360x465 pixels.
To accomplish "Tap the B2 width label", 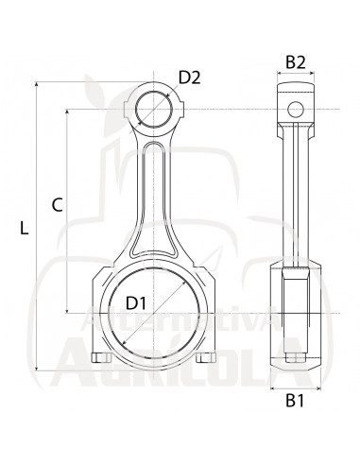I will [296, 63].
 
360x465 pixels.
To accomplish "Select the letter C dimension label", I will [57, 204].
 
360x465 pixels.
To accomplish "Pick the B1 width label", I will [296, 402].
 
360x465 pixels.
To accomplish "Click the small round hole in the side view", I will [296, 107].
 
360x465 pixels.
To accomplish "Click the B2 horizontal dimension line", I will [296, 79].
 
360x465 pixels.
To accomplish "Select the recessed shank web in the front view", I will [151, 198].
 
